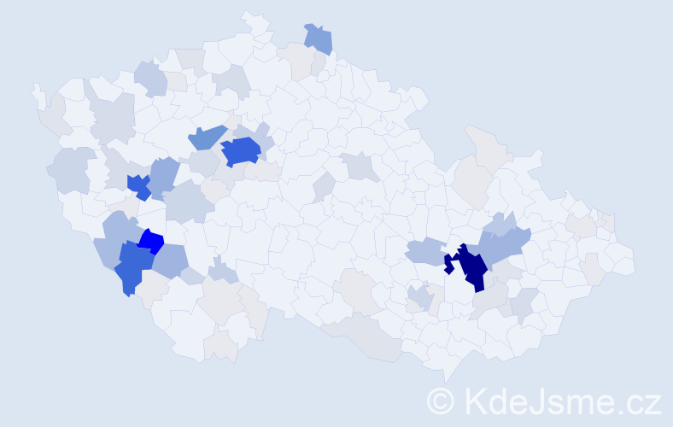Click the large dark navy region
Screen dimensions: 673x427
(x=472, y=267)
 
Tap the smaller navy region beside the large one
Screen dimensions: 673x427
(x=448, y=264)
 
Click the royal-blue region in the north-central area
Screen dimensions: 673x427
(x=240, y=151)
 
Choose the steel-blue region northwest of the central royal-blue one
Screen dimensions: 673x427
(x=206, y=136)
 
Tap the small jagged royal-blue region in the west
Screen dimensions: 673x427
(x=138, y=185)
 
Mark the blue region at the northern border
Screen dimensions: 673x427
(x=319, y=38)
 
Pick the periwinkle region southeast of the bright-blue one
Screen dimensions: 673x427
(x=171, y=260)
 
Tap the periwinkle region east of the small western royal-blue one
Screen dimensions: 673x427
(x=165, y=174)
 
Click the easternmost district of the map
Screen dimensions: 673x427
(x=623, y=260)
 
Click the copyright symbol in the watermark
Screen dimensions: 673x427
(x=441, y=401)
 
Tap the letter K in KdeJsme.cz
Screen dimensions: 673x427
(x=473, y=401)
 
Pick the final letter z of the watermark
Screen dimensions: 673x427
(x=653, y=403)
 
